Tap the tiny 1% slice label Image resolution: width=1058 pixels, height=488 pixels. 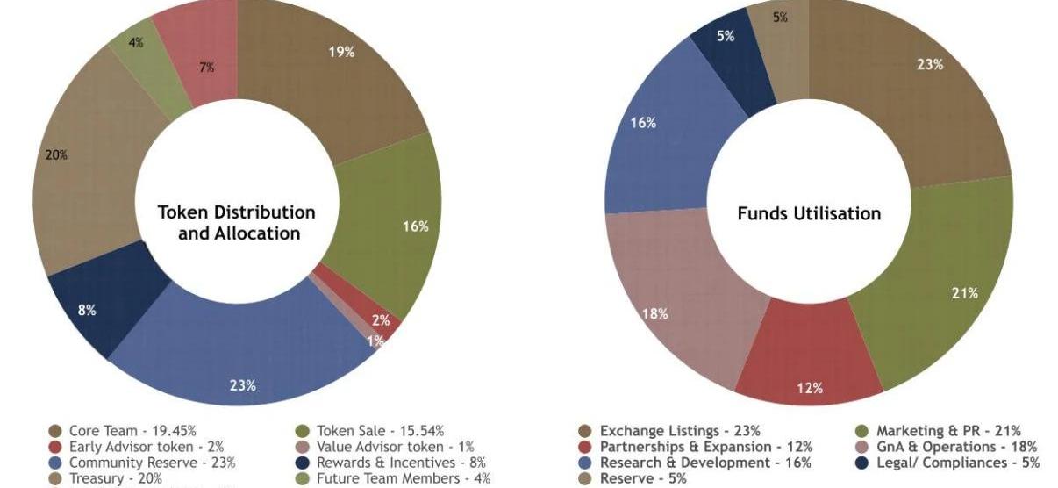pyautogui.click(x=375, y=341)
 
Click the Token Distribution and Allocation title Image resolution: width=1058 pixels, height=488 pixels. pyautogui.click(x=237, y=223)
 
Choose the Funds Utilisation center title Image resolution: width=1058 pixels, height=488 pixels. pyautogui.click(x=809, y=213)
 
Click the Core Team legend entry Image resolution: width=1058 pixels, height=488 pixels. pyautogui.click(x=115, y=431)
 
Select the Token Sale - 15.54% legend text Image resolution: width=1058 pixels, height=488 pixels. pyautogui.click(x=380, y=431)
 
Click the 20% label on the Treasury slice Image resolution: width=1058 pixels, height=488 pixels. pyautogui.click(x=57, y=155)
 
